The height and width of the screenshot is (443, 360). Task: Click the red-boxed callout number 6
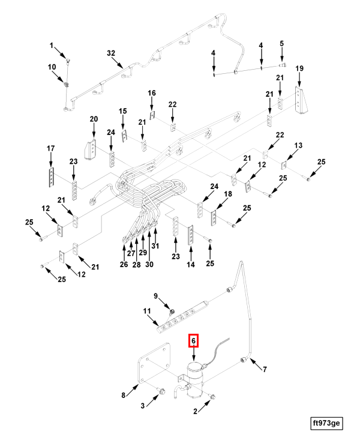[x=193, y=341]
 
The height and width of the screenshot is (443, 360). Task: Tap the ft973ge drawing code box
[x=326, y=423]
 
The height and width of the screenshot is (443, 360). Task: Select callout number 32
[x=111, y=53]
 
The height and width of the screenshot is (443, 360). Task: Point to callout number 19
[x=299, y=70]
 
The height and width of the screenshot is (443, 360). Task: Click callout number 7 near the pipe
[x=265, y=369]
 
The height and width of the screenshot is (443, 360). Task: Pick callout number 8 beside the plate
[x=124, y=395]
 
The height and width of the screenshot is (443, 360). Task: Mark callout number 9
[x=155, y=296]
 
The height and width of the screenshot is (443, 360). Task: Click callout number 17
[x=51, y=148]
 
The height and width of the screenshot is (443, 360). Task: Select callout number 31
[x=154, y=247]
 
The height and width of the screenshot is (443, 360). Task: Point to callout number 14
[x=191, y=265]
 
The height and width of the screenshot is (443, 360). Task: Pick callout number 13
[x=298, y=145]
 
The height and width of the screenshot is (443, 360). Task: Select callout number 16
[x=152, y=93]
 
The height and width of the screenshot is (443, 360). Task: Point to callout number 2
[x=195, y=411]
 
